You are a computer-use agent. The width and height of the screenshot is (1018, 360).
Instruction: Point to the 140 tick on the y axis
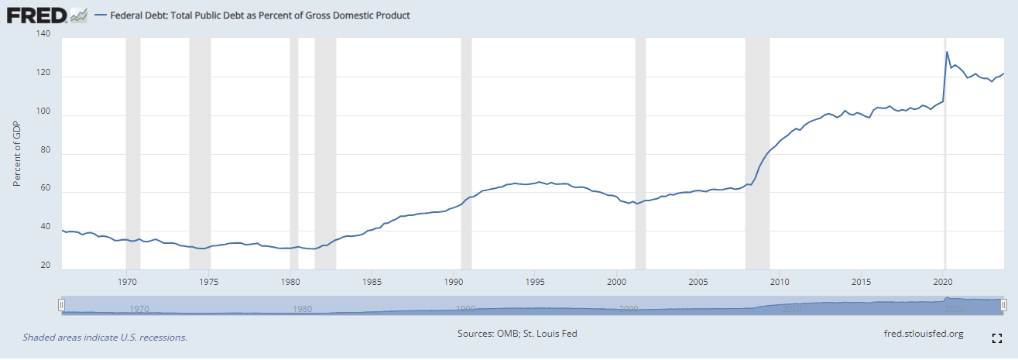click(43, 35)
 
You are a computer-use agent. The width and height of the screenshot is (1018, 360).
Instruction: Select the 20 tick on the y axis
click(45, 265)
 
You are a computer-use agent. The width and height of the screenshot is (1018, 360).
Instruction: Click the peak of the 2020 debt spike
click(947, 52)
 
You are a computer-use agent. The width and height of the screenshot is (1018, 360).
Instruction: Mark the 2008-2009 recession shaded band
click(757, 155)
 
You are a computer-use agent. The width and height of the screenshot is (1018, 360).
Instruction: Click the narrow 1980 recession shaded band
click(294, 155)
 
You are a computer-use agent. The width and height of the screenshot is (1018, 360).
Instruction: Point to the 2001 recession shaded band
click(640, 155)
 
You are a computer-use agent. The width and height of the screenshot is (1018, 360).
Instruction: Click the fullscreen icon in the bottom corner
click(997, 338)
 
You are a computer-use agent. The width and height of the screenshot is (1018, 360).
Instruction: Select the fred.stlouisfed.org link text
click(924, 334)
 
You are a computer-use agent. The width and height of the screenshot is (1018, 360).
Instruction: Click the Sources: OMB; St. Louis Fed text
click(517, 334)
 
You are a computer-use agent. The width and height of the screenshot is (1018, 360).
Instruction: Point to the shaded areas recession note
click(105, 338)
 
